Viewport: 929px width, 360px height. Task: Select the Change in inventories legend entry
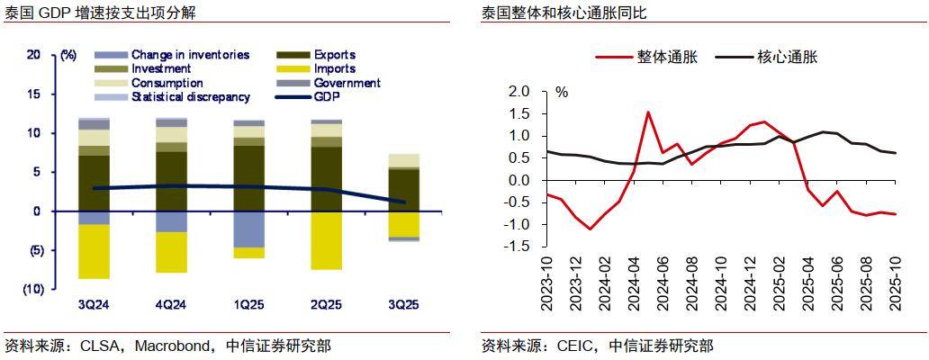(189, 55)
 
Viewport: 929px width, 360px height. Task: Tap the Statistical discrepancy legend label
(190, 97)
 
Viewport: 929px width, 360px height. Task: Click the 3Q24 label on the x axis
(94, 305)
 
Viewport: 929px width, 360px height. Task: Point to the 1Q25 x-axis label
(248, 305)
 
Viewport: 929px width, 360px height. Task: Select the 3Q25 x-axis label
(403, 305)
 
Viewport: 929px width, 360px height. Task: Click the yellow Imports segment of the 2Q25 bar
(326, 240)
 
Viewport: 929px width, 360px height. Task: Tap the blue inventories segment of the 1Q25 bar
(248, 229)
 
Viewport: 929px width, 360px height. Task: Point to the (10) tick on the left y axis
(32, 289)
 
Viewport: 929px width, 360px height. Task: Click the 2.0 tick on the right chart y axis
(520, 92)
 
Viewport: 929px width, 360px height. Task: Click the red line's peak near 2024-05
(647, 112)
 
